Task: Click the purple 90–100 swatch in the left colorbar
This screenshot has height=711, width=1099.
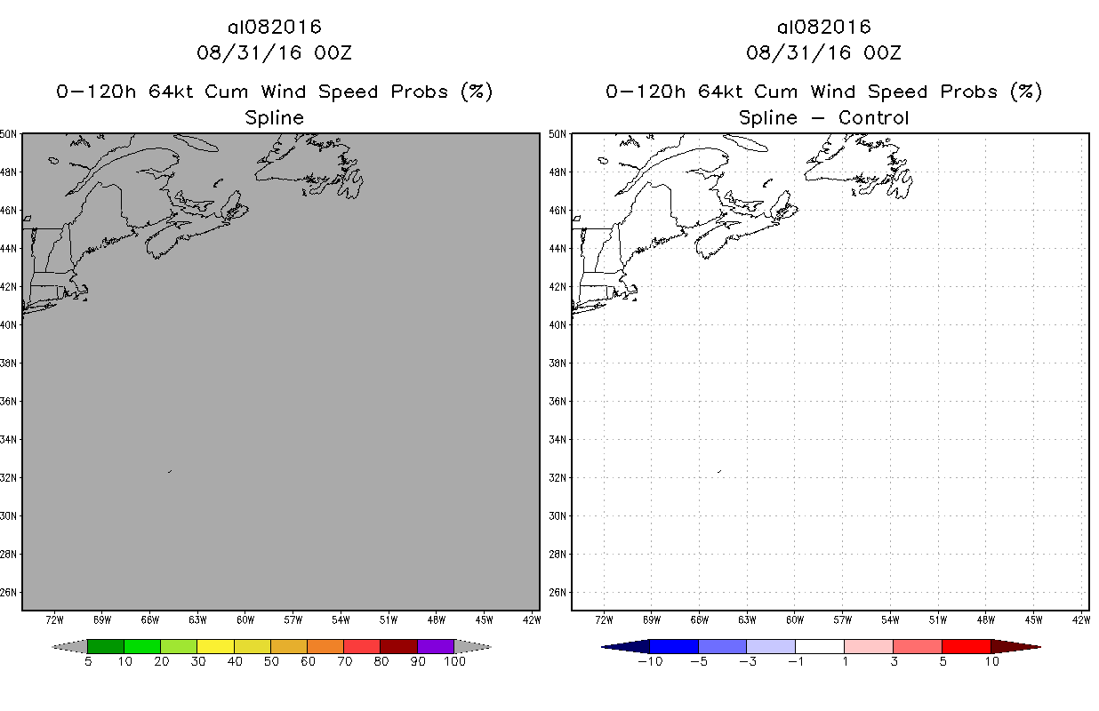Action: click(x=436, y=646)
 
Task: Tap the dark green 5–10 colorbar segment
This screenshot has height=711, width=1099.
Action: click(x=106, y=646)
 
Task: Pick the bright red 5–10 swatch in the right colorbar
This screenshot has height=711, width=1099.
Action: click(x=966, y=646)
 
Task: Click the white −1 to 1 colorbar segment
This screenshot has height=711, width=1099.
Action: click(x=819, y=646)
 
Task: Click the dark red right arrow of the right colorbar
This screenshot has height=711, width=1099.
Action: click(x=1015, y=646)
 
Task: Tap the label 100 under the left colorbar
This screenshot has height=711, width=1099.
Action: click(x=453, y=661)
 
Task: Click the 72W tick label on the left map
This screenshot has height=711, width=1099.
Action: click(x=54, y=619)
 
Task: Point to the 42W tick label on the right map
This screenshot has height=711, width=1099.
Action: click(x=1082, y=619)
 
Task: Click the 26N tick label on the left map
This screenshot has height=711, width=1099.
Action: click(x=10, y=592)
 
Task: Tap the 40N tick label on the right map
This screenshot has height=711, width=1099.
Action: click(x=559, y=324)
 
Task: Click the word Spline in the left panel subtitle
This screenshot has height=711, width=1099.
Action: click(x=274, y=117)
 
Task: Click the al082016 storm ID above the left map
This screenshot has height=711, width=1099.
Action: click(x=274, y=27)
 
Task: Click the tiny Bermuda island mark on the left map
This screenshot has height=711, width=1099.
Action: click(x=169, y=471)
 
